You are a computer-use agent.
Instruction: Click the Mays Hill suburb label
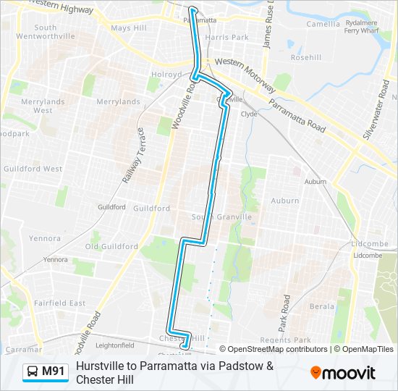[129, 28]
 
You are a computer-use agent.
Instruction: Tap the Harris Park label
[226, 37]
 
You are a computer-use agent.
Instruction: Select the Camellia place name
[323, 24]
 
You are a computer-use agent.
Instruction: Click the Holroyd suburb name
[166, 74]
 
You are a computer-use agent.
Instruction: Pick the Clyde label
[249, 114]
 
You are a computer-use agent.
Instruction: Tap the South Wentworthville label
[55, 32]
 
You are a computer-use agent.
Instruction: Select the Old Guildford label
[111, 246]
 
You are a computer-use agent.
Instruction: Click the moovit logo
[343, 373]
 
